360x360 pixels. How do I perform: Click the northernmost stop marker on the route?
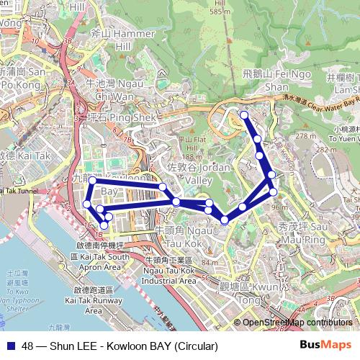[244, 115]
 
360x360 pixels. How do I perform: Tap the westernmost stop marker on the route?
[87, 204]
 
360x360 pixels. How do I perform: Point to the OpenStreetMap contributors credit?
[297, 323]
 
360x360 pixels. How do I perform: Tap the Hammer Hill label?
[112, 40]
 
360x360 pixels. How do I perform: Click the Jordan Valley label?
[188, 174]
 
